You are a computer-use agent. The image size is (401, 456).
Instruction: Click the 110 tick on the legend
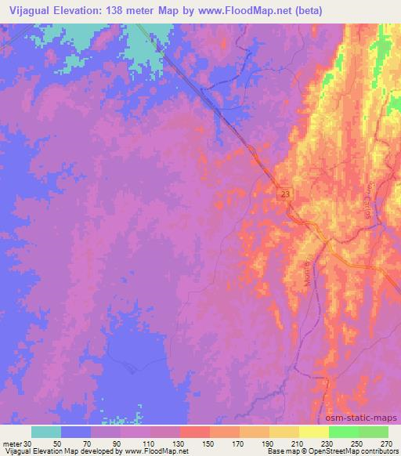(150, 443)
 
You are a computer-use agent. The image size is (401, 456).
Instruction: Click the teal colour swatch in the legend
(45, 432)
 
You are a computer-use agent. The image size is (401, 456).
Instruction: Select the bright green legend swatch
(343, 432)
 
